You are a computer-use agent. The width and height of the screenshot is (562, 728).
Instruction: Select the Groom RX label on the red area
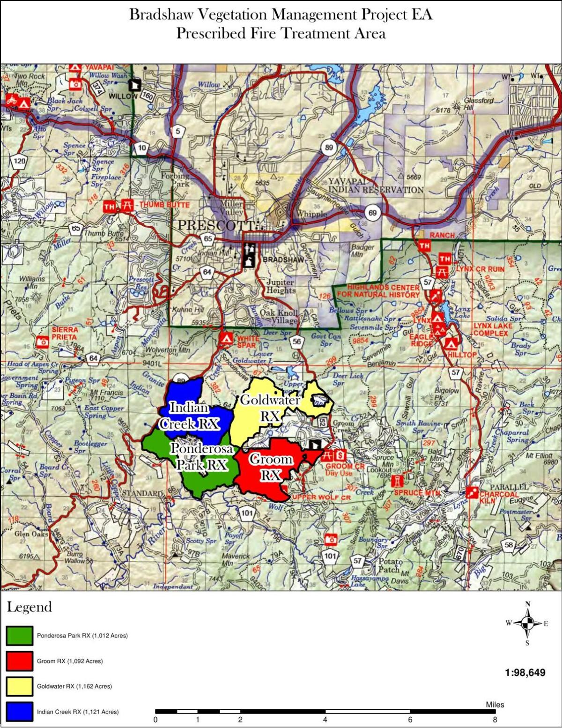point(271,467)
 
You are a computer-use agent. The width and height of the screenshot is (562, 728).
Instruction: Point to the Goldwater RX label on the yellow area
point(270,408)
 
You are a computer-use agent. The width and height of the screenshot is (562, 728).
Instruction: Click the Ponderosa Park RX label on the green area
point(201,456)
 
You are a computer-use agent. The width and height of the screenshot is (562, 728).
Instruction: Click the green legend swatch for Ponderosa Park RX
point(20,636)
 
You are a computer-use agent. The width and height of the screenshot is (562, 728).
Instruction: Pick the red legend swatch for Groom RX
point(20,661)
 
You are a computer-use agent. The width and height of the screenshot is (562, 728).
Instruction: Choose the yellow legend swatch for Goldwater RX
point(20,686)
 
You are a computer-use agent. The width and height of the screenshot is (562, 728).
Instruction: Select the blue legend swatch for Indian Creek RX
point(20,712)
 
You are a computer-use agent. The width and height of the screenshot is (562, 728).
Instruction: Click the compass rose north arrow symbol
point(527,623)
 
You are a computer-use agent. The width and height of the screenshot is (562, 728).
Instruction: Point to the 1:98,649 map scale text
point(525,673)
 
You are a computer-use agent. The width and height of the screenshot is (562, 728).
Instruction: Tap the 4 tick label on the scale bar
point(325,720)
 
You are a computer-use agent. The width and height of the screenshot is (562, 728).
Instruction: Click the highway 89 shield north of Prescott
point(329,148)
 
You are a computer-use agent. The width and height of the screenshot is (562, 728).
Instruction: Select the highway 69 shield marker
point(372,213)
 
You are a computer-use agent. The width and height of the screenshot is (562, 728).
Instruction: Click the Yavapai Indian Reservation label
point(376,186)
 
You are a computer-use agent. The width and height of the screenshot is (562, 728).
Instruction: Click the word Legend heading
point(29,607)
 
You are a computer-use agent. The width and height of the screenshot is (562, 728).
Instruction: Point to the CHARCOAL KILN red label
point(499,498)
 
